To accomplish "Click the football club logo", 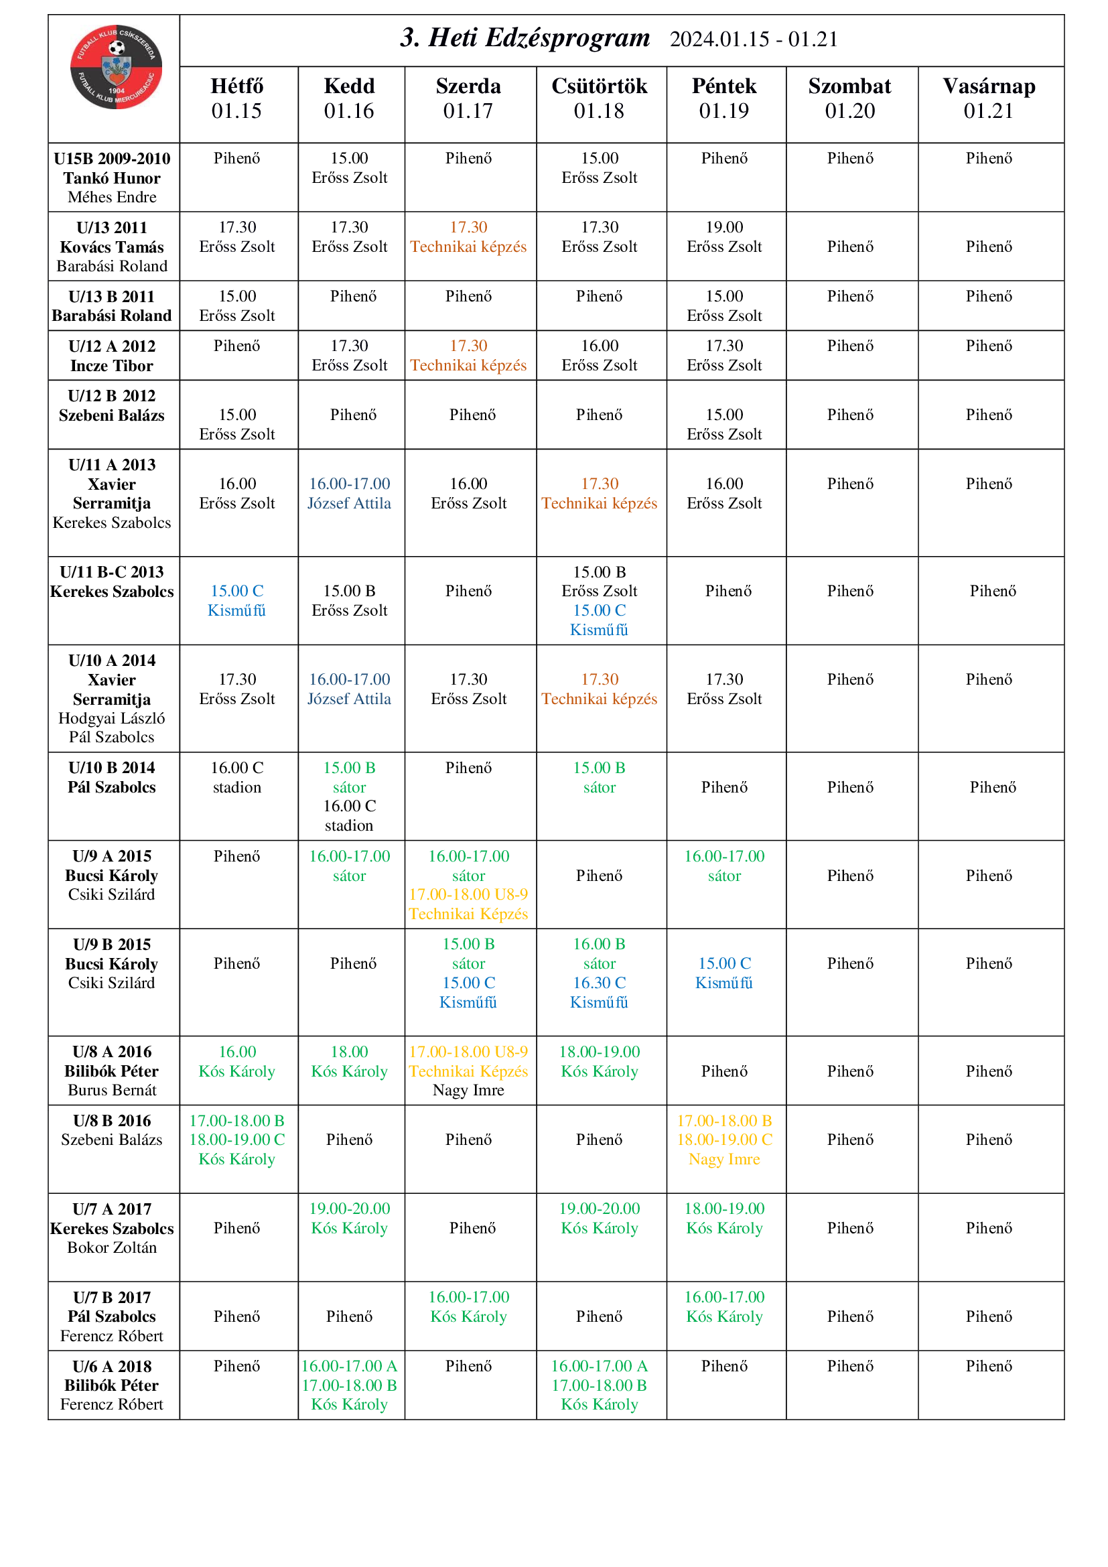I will coord(116,67).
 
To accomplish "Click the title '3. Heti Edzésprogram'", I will coord(525,38).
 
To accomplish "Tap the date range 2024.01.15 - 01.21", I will coord(753,40).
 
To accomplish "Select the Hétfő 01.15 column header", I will coord(236,98).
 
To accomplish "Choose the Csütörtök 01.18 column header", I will coord(599,98).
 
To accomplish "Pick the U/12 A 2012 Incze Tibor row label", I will coord(112,356).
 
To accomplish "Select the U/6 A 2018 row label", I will coord(112,1385).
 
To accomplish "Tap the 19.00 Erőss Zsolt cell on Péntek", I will coord(724,236).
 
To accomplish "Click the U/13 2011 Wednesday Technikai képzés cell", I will coord(468,236).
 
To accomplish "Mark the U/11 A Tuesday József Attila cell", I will coord(349,494).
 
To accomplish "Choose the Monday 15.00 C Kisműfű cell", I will coord(236,600).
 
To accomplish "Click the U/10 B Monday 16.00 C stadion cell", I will coord(236,777).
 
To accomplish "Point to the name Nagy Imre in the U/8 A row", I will coord(468,1090).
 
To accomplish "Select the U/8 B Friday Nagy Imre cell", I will coord(724,1140).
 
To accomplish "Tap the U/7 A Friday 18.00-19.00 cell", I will coord(724,1218).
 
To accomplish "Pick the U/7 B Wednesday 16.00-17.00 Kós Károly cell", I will coord(468,1306).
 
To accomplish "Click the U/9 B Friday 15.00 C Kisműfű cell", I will coord(724,973).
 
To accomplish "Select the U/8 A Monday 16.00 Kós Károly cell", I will coord(236,1061).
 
